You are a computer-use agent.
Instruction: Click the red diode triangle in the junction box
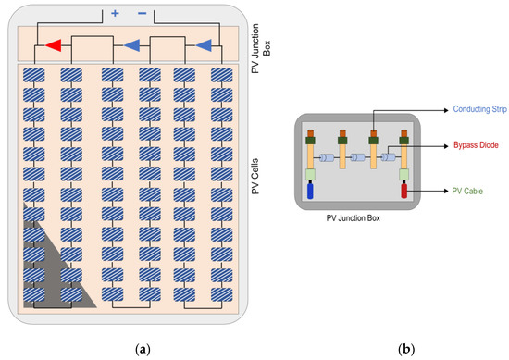[55, 44]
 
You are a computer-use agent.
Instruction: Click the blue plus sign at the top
[115, 14]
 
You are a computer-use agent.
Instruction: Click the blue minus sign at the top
[142, 14]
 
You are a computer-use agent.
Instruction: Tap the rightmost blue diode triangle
[203, 44]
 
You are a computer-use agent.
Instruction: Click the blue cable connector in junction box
[311, 192]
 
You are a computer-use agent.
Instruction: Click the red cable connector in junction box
[403, 192]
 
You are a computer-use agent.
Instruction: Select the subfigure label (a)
[142, 349]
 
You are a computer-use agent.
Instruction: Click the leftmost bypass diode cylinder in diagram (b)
[326, 157]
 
